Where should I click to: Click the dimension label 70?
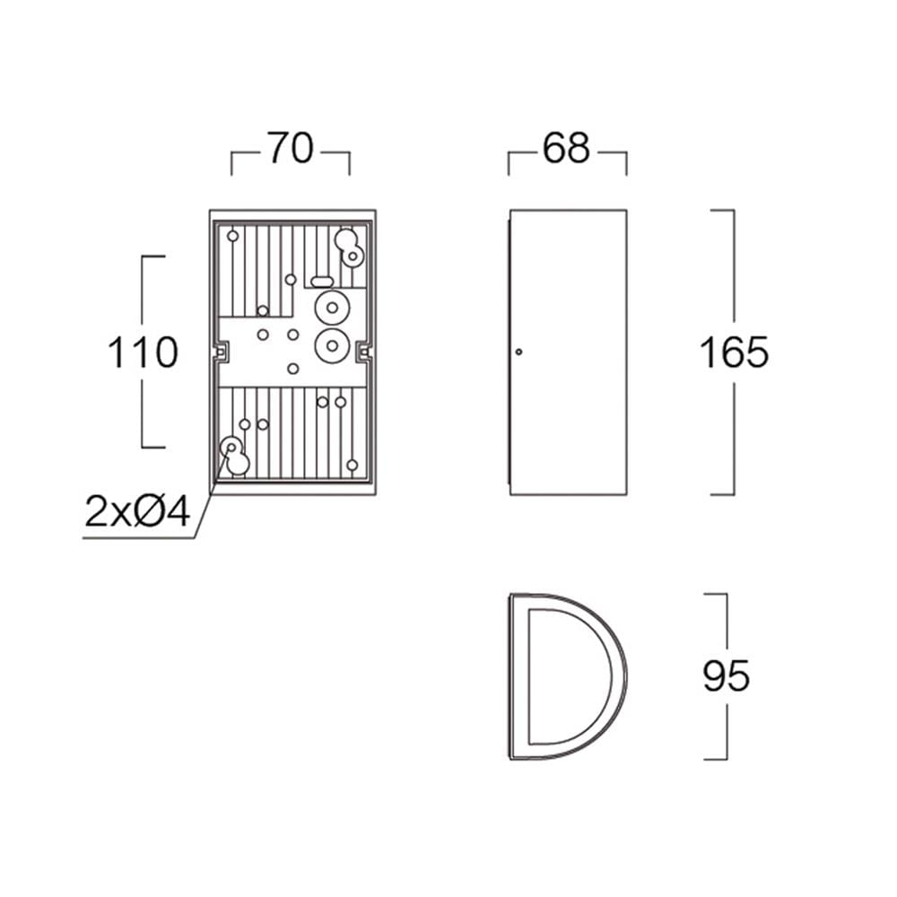point(291,149)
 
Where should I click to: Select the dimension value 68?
point(566,149)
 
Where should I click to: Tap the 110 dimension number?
point(143,353)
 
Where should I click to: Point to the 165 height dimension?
point(734,353)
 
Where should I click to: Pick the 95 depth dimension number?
point(726,675)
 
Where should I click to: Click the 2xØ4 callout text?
point(137,511)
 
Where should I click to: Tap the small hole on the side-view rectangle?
point(518,352)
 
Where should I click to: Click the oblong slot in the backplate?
point(322,281)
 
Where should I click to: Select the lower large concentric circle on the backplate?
point(332,345)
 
